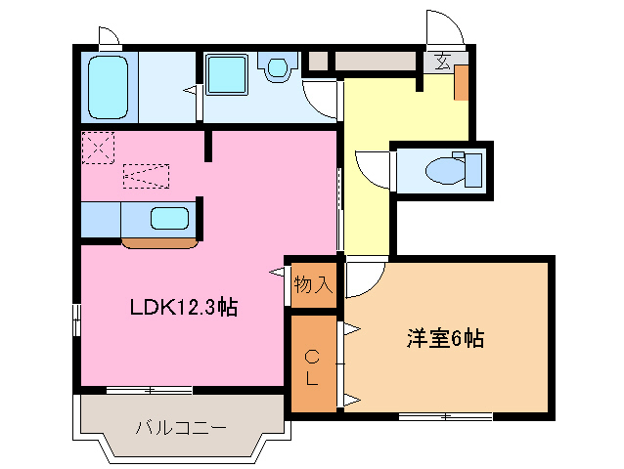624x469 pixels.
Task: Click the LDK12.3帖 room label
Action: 185,307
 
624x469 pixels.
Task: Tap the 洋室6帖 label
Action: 446,339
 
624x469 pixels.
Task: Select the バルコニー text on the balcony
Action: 181,427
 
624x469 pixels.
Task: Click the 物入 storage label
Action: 313,285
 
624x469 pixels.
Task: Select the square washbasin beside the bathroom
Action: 228,74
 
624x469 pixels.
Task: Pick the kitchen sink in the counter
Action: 168,219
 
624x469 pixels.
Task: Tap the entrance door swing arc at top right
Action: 438,23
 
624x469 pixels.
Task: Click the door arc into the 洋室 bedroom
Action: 362,278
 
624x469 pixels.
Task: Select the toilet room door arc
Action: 373,165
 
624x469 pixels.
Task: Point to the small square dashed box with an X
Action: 98,149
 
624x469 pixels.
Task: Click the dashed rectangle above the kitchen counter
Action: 147,177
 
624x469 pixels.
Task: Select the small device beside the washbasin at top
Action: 278,67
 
